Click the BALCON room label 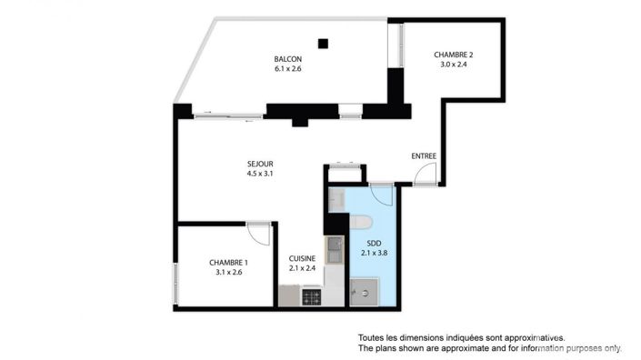click(x=287, y=59)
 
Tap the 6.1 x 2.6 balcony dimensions click(x=287, y=69)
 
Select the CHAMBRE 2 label click(x=453, y=55)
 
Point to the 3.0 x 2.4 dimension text click(x=453, y=65)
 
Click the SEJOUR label click(x=260, y=164)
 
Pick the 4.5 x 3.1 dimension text click(x=260, y=174)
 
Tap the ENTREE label click(x=424, y=156)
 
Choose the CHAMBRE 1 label click(x=228, y=261)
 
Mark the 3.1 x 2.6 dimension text click(x=228, y=271)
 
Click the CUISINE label click(x=302, y=258)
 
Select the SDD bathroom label click(x=373, y=244)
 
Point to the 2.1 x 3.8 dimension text click(x=373, y=254)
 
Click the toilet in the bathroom click(x=361, y=220)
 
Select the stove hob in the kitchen click(x=312, y=296)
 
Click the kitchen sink click(x=335, y=245)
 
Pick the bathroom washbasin click(x=337, y=199)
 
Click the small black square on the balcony click(x=323, y=42)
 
